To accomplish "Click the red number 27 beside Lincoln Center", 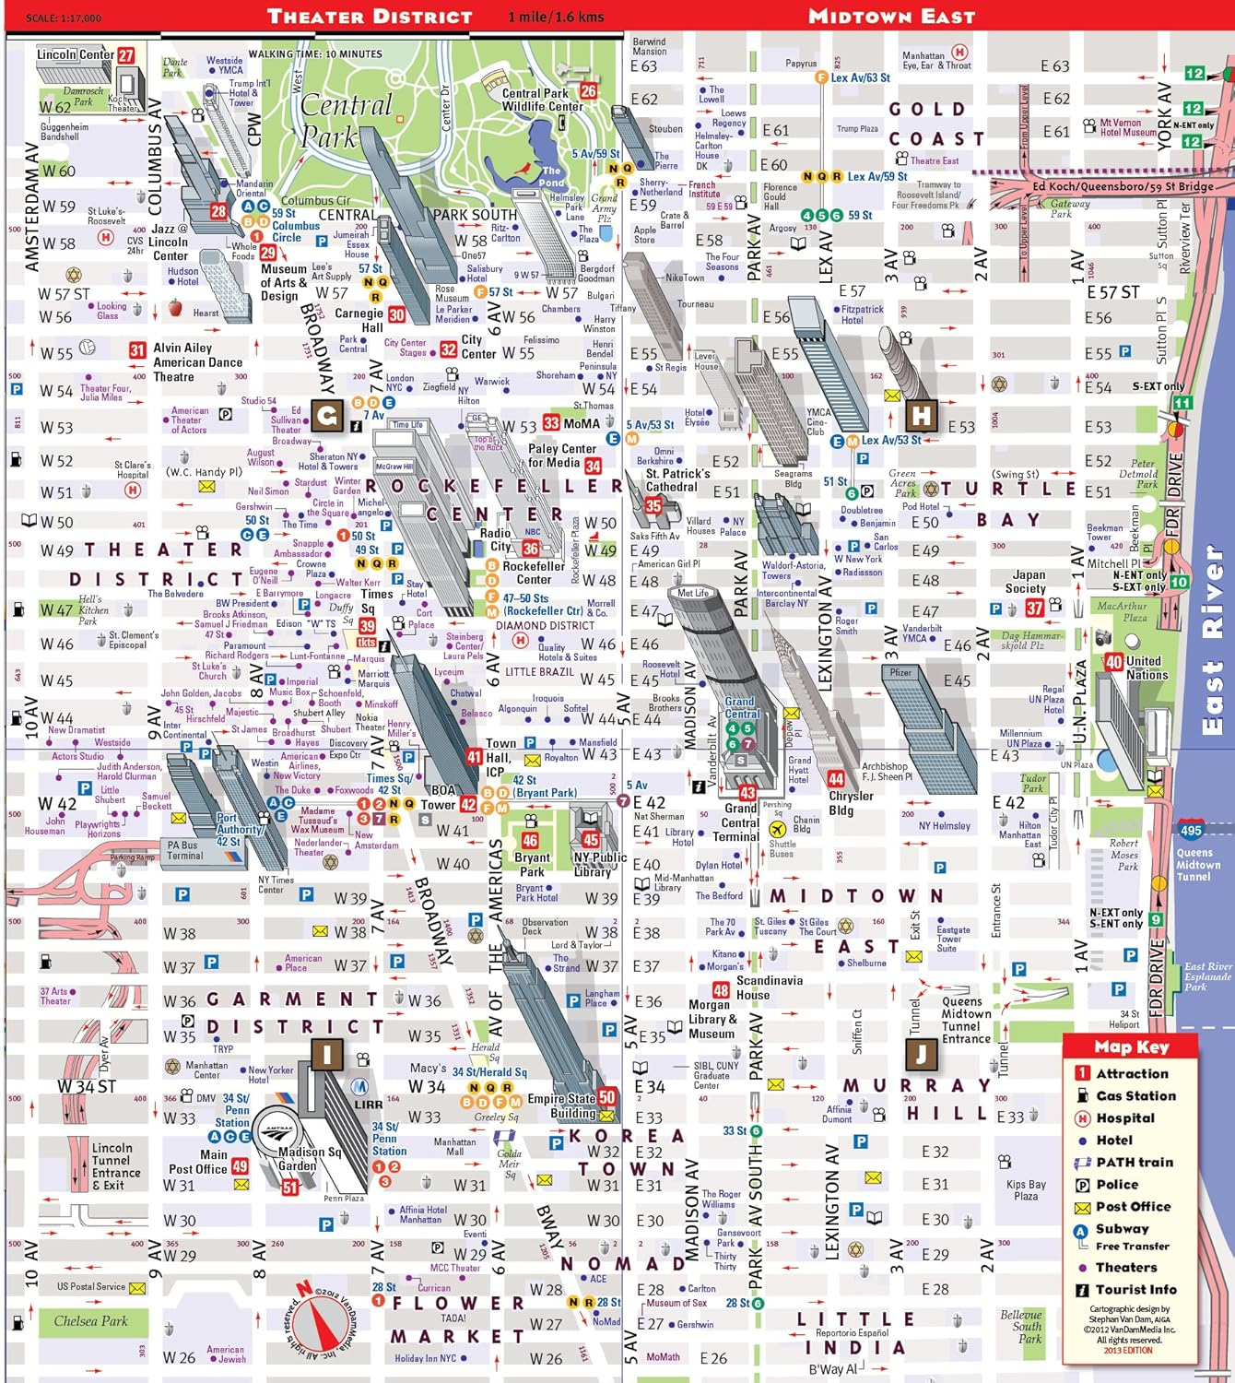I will (x=126, y=55).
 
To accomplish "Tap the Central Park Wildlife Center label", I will (x=542, y=100).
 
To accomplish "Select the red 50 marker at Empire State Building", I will (x=606, y=1097).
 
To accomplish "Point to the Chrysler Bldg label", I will (x=851, y=803).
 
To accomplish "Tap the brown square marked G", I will (x=326, y=416).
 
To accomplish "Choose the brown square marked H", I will (x=921, y=414).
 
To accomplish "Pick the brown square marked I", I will (x=326, y=1054).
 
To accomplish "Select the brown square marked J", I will (x=920, y=1053).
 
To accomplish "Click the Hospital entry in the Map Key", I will (x=1124, y=1117).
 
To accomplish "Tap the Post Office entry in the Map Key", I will (x=1133, y=1206).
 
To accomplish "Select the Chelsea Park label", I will (x=90, y=1321).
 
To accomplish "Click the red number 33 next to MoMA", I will (x=551, y=423).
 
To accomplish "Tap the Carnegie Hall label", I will (x=359, y=320).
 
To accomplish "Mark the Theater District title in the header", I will (x=370, y=17).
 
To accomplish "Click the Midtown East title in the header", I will (x=891, y=17).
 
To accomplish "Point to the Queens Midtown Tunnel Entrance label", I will (x=966, y=1020).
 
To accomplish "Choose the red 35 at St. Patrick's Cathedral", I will (x=653, y=505).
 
